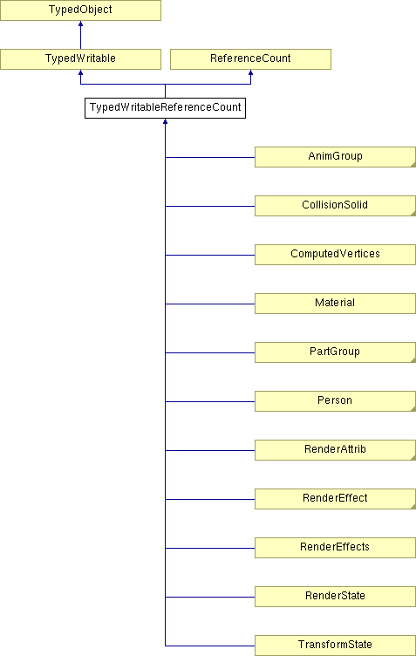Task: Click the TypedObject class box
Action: tap(80, 10)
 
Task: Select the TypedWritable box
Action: tap(80, 59)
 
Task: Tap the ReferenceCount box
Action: tap(250, 59)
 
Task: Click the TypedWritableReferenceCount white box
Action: tap(165, 108)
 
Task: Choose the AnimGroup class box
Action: tap(335, 157)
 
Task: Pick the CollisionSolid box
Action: tap(335, 205)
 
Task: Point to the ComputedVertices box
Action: tap(335, 255)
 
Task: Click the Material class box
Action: tap(335, 304)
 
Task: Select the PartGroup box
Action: tap(335, 352)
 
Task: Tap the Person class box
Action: tap(335, 400)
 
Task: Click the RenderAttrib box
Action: tap(335, 450)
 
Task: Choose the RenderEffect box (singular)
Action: tap(335, 499)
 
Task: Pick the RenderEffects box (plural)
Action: tap(335, 548)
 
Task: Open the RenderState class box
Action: tap(335, 596)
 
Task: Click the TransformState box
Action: tap(335, 646)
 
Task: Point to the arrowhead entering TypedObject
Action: tap(81, 24)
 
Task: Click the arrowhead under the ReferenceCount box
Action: tap(250, 72)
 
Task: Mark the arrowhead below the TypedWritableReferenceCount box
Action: tap(165, 122)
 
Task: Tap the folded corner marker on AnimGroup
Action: tap(413, 164)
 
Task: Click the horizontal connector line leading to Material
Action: tap(210, 304)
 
